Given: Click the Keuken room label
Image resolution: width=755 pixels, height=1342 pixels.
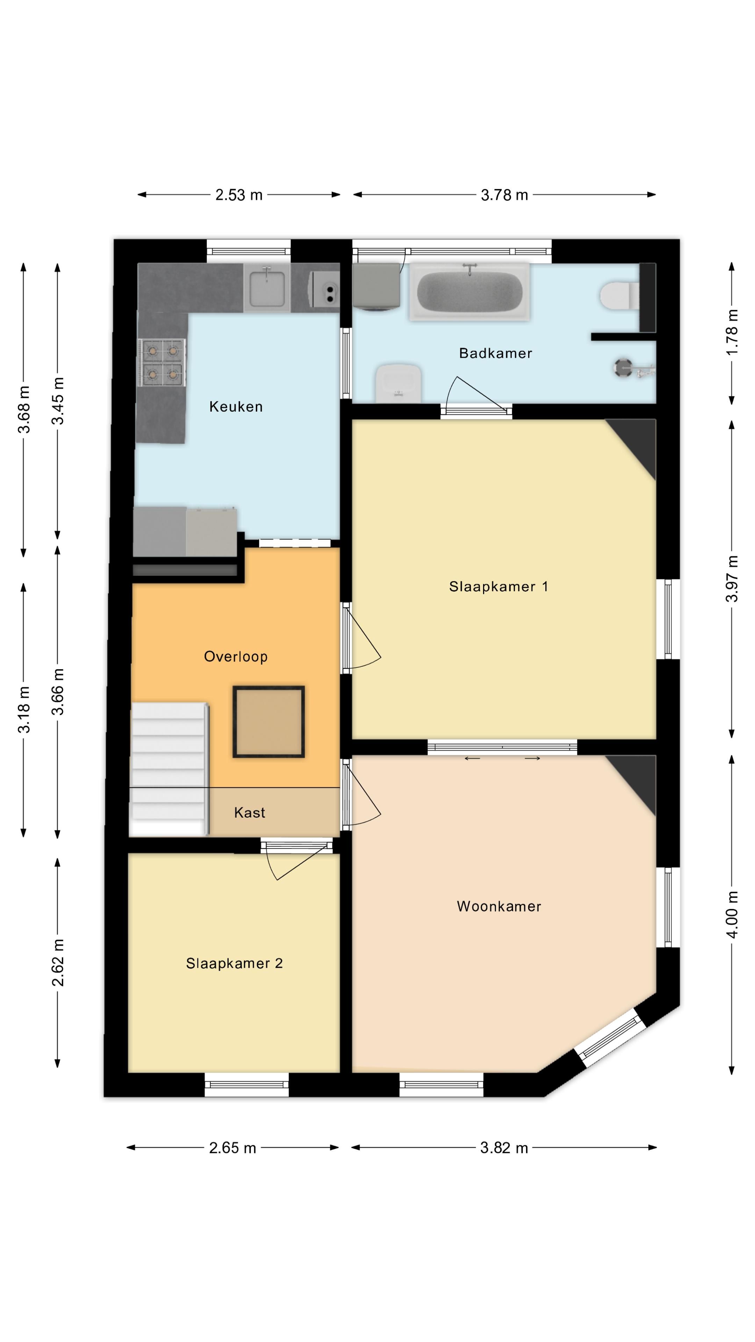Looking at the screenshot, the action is click(x=236, y=406).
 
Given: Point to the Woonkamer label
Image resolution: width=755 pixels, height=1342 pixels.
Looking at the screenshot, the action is click(x=499, y=907).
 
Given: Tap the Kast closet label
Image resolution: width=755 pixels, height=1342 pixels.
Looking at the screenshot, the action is click(x=250, y=813).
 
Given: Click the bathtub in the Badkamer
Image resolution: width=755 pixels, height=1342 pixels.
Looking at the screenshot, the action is click(x=469, y=291).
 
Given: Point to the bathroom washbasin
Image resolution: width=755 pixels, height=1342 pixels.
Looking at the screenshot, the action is click(x=398, y=383).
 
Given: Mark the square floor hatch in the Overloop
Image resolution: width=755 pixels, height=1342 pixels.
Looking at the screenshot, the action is click(x=268, y=722).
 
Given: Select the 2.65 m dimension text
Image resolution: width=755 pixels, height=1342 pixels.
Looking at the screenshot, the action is click(x=232, y=1148).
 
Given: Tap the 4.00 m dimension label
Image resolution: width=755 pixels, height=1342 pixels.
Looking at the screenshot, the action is click(x=733, y=915).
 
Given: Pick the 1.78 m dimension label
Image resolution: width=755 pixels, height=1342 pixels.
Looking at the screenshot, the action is click(x=733, y=332).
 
